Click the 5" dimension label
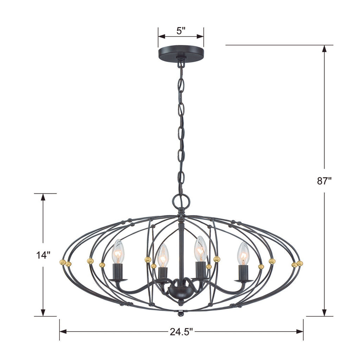tap(181, 31)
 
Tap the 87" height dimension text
tap(324, 181)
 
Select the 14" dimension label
tap(43, 255)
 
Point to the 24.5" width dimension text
tap(181, 331)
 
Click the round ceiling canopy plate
tap(181, 52)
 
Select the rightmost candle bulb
tap(243, 253)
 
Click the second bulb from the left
tap(163, 256)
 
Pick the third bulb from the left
tap(200, 249)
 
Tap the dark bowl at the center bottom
tap(180, 291)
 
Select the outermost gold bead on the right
tap(300, 263)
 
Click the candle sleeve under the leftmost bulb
tap(118, 272)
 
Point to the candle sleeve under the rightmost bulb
tap(243, 273)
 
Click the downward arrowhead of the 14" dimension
tap(43, 312)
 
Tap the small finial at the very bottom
tap(181, 312)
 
